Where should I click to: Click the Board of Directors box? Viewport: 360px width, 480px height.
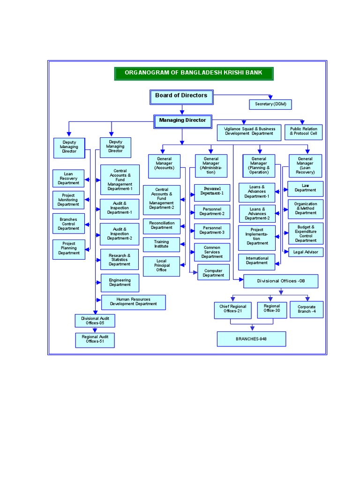pos(181,96)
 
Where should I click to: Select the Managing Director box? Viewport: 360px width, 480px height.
pos(182,121)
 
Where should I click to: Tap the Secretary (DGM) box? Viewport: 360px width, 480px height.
pos(270,104)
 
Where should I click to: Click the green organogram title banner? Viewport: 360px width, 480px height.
pos(193,73)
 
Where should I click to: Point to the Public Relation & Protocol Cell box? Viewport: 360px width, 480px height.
pos(303,131)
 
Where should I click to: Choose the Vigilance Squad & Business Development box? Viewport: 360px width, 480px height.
pos(249,131)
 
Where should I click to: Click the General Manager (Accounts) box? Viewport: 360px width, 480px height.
pos(165,165)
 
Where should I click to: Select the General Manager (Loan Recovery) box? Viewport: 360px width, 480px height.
pos(305,165)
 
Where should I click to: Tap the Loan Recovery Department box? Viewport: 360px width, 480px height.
pos(68,178)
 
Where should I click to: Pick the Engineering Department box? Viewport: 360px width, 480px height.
pos(120,283)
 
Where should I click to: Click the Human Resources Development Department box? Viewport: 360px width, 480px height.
pos(134,302)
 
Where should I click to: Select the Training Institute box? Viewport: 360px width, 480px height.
pos(161,244)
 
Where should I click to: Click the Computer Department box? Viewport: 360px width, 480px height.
pos(213,273)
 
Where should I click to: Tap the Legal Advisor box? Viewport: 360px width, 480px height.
pos(306,252)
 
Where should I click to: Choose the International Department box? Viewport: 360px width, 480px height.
pos(257,261)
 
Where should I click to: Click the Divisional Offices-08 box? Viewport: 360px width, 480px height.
pos(280,281)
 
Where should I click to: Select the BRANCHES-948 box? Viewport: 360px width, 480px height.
pos(251,338)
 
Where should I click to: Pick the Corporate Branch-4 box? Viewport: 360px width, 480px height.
pos(307,309)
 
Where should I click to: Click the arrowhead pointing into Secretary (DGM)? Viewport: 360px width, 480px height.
pos(270,97)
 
